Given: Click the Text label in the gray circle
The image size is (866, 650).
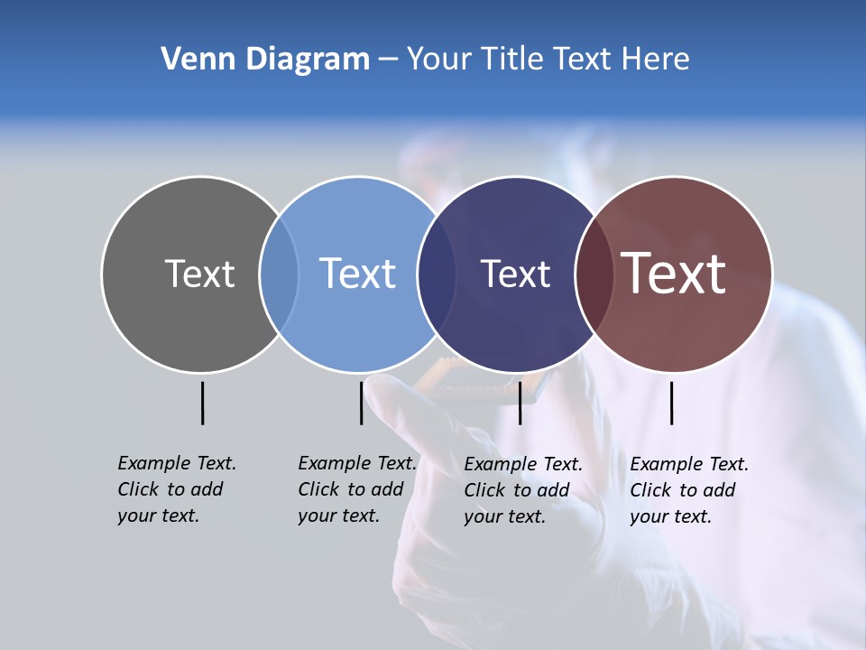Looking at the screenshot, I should coord(199,274).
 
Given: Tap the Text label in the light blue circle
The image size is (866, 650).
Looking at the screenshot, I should coord(358,274).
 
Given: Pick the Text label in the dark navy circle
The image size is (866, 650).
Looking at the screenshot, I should coord(515,274).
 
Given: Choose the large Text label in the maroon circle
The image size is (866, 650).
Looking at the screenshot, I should coord(674,274).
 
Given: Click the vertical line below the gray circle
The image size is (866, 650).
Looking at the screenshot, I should coord(202,403).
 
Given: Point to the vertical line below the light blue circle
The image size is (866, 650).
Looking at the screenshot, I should coord(361,403).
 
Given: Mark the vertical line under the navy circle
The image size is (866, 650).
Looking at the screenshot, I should coord(520,403).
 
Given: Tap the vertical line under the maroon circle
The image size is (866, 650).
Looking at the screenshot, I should coord(671,403).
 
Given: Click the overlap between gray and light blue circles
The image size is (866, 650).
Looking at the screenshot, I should coord(279,274).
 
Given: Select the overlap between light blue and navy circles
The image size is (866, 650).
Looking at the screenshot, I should coord(437,274).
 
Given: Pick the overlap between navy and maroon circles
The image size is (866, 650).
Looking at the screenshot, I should coord(594,274).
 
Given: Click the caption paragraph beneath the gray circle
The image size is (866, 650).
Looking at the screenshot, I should coord(176,489).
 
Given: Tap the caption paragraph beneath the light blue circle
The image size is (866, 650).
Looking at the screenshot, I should coord(356,489).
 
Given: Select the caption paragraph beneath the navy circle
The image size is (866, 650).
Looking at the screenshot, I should coord(522,490).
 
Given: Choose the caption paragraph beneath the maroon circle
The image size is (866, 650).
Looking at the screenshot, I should coord(688,490).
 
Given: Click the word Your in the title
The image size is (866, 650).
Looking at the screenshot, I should coord(439,60).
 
